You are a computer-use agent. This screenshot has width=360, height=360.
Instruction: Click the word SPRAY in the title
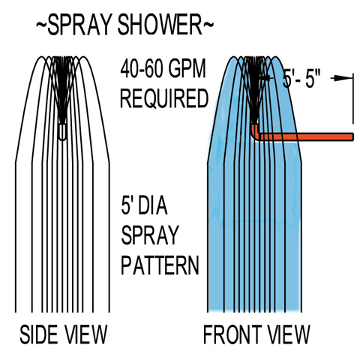click(79, 25)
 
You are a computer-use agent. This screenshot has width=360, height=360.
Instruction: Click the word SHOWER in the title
click(160, 25)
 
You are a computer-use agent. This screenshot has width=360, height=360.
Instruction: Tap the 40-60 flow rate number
click(142, 68)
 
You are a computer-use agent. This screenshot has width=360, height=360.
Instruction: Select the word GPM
click(187, 68)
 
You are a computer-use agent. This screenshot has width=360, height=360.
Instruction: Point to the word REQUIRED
click(164, 98)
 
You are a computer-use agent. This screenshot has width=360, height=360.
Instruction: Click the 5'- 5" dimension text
click(301, 79)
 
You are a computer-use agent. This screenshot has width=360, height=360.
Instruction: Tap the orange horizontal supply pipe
click(307, 136)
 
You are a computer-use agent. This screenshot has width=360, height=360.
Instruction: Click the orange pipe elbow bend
click(256, 133)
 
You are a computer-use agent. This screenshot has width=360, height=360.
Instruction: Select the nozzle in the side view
click(62, 132)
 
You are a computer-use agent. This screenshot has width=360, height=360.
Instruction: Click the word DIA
click(152, 206)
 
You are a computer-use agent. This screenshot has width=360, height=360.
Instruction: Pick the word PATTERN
click(160, 265)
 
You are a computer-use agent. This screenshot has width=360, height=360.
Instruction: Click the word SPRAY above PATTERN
click(150, 235)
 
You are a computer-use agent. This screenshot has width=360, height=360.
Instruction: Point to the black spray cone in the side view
click(62, 90)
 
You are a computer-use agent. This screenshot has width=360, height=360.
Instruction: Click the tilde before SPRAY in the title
click(41, 25)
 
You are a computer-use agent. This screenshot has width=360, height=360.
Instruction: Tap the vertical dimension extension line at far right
click(353, 99)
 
